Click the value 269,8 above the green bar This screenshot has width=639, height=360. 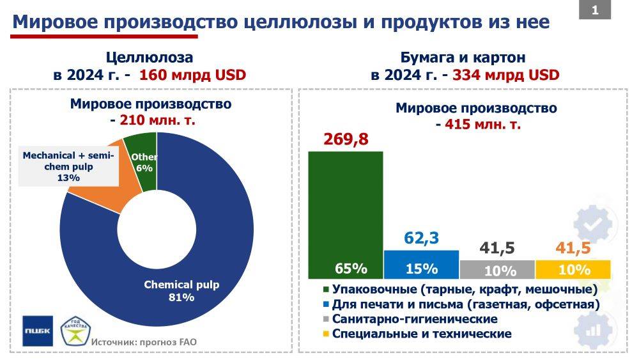pyautogui.click(x=346, y=139)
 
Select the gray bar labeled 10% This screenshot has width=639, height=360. pyautogui.click(x=497, y=269)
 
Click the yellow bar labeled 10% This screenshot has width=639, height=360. pyautogui.click(x=573, y=269)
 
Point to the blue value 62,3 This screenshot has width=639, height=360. pyautogui.click(x=422, y=238)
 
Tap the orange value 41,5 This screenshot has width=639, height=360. pyautogui.click(x=573, y=248)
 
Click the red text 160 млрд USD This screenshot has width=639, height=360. pyautogui.click(x=192, y=74)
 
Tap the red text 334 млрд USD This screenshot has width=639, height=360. pyautogui.click(x=506, y=74)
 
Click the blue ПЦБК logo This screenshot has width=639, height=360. pyautogui.click(x=38, y=331)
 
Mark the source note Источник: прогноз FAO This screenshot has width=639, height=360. pyautogui.click(x=144, y=342)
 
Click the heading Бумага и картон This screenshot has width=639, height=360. pyautogui.click(x=463, y=57)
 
